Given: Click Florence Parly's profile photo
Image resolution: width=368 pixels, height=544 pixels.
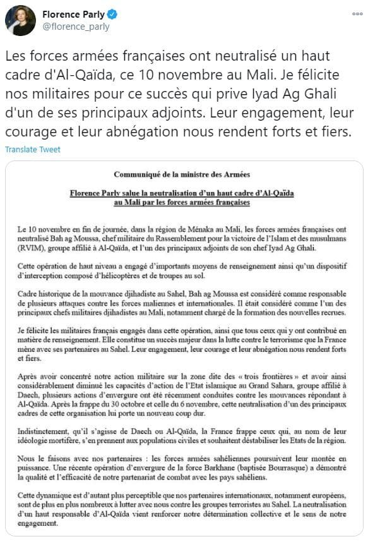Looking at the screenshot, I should (20, 20).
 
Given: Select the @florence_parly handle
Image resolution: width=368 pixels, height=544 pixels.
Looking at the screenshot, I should (76, 27).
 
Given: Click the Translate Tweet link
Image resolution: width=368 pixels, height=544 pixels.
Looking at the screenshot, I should (32, 150).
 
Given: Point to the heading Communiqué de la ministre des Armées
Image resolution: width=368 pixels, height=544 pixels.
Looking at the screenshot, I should (182, 174).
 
